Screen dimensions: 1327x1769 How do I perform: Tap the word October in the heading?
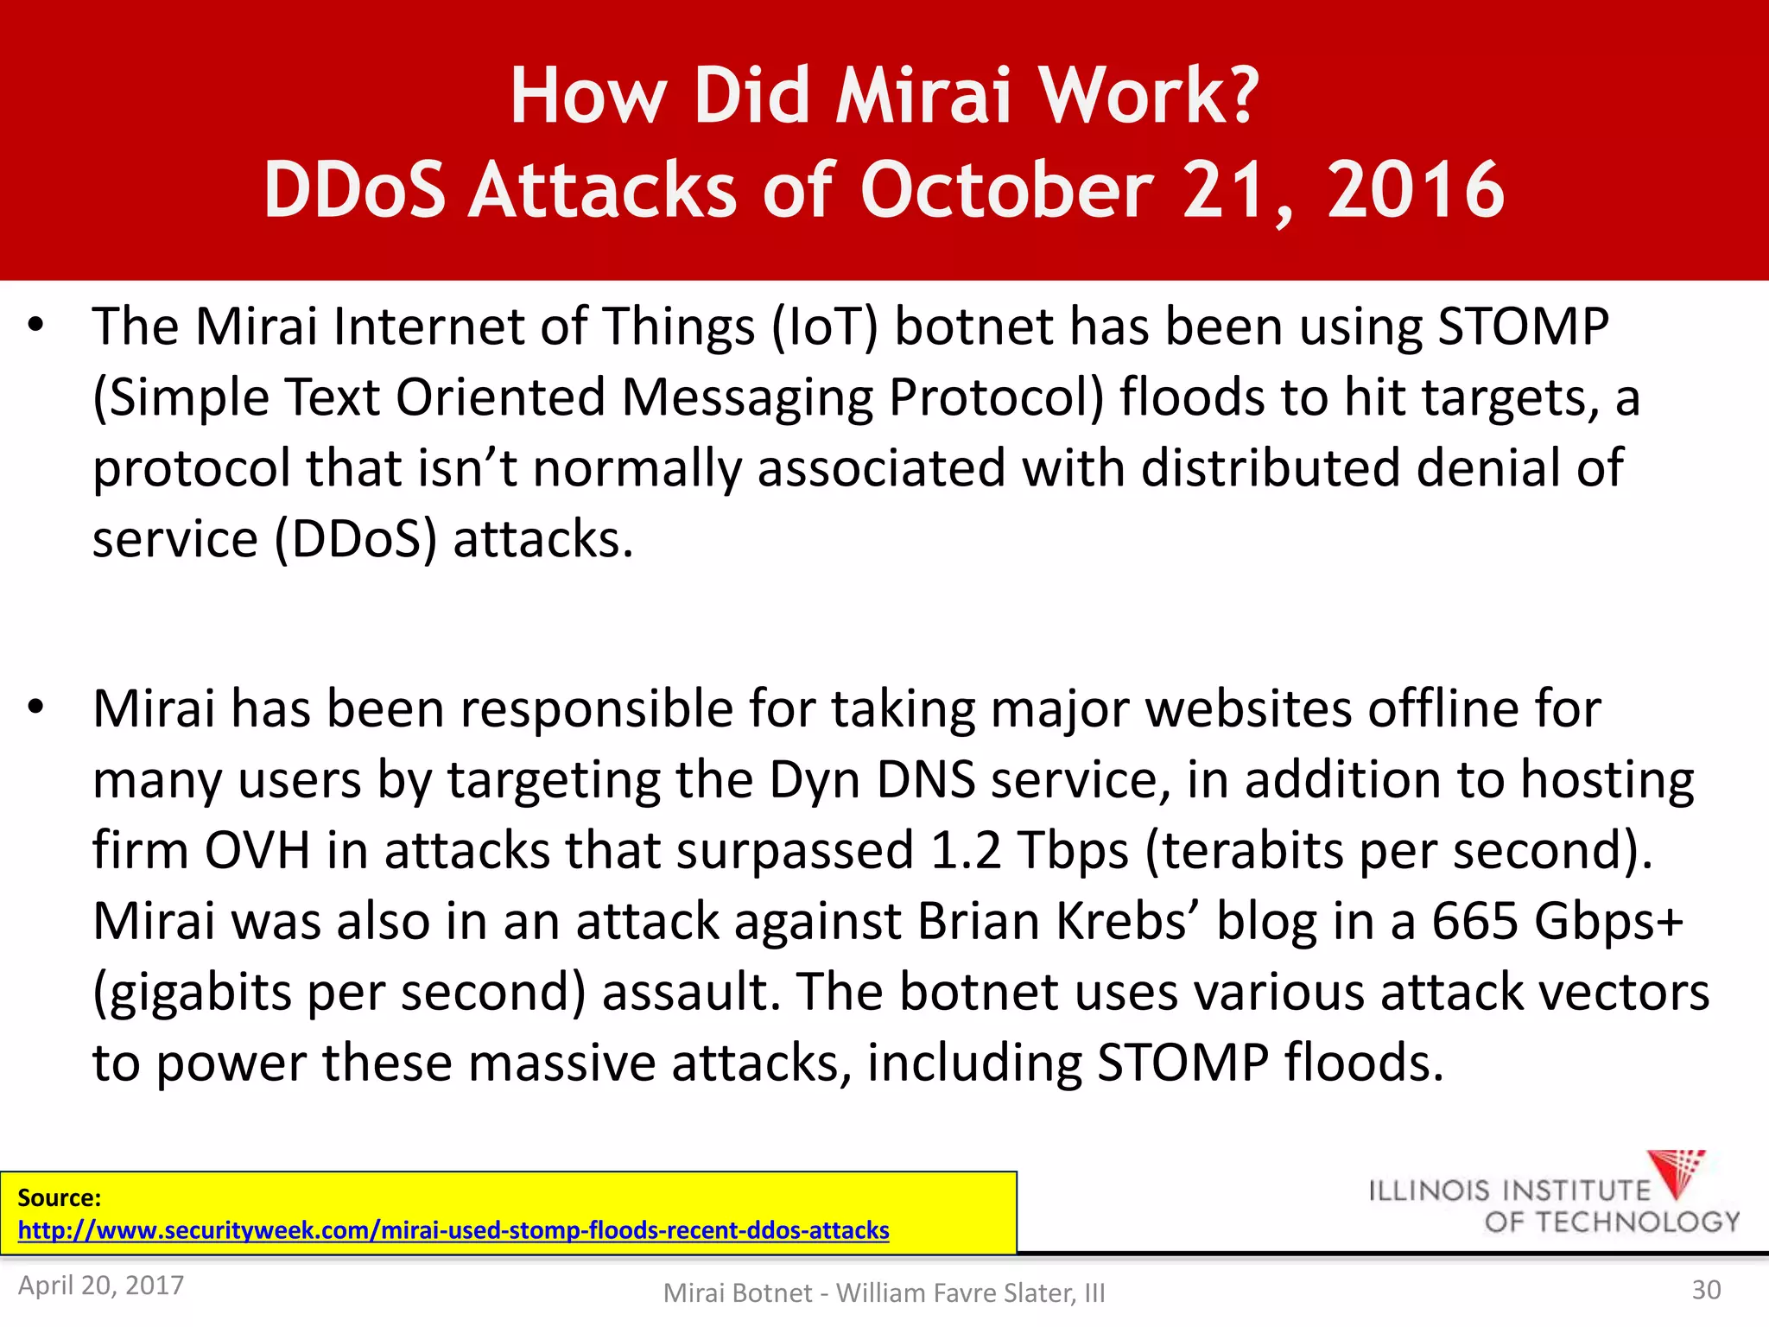pyautogui.click(x=1006, y=190)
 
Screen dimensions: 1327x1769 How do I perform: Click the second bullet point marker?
pyautogui.click(x=35, y=707)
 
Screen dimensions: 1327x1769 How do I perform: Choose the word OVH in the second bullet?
pyautogui.click(x=257, y=850)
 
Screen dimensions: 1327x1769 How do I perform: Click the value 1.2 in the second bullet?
pyautogui.click(x=966, y=850)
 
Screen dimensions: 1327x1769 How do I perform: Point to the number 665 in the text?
pyautogui.click(x=1474, y=921)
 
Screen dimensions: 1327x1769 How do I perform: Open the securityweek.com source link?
pyautogui.click(x=453, y=1230)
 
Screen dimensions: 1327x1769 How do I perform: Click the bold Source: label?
pyautogui.click(x=60, y=1197)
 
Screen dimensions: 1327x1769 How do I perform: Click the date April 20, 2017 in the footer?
pyautogui.click(x=101, y=1286)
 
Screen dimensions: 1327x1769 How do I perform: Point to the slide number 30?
pyautogui.click(x=1706, y=1290)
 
